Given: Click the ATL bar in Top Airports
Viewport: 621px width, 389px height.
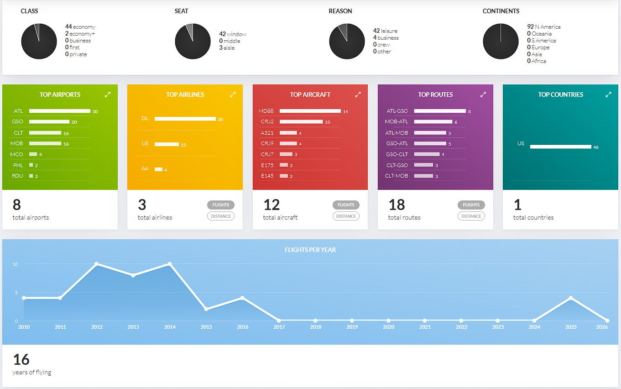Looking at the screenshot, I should pos(59,111).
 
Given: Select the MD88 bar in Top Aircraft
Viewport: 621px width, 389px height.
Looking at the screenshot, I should pos(310,111).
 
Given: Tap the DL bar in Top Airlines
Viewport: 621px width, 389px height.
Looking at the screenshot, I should pos(185,119).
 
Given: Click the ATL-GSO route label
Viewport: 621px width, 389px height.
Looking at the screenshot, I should pos(397,111).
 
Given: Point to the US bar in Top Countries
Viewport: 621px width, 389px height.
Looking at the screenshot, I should pos(560,147).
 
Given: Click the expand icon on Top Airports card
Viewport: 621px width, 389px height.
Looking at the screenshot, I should pos(108,95).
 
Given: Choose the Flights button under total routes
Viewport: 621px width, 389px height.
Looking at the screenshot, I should pos(471,205).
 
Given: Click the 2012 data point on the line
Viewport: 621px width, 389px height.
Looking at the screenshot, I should pos(97,264).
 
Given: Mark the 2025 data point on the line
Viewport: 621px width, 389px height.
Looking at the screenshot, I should pos(571,298).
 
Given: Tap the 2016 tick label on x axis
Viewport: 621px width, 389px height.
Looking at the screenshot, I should pos(243,327).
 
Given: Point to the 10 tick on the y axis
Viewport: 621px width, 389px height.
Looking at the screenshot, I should pos(15,264).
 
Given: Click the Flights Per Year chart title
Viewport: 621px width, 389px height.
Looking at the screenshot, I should pos(310,250).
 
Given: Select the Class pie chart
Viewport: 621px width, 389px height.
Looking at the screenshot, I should pos(39,42).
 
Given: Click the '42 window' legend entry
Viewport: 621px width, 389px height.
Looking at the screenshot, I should pos(233,34).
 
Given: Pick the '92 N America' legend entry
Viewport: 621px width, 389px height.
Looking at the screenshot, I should pos(544,27).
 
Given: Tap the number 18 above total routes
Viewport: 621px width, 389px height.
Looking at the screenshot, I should pos(397,205).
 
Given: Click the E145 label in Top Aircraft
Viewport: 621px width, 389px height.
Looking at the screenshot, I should pos(267,176).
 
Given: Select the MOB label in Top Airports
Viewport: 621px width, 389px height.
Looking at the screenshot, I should pos(17,143).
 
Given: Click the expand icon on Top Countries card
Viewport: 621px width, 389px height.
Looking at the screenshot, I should pos(608,95).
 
